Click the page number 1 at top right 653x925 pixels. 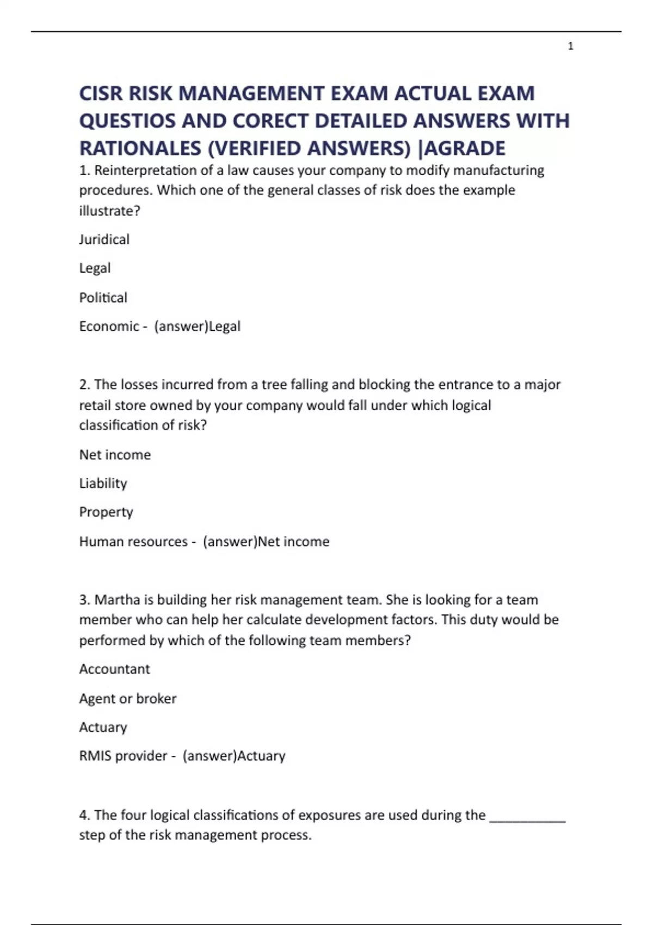point(570,46)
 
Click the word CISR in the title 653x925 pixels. point(101,93)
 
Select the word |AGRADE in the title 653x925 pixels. point(461,148)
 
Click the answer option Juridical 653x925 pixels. point(104,239)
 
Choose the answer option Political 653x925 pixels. point(103,298)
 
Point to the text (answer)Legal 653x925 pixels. point(197,326)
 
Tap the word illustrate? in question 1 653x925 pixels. point(109,211)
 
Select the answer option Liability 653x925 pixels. point(103,483)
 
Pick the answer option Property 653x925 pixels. point(106,512)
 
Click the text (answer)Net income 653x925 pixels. point(266,541)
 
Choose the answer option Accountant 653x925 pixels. point(114,669)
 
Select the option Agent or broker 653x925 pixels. point(127,698)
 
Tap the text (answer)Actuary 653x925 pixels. point(234,756)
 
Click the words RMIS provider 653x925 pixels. point(123,756)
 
